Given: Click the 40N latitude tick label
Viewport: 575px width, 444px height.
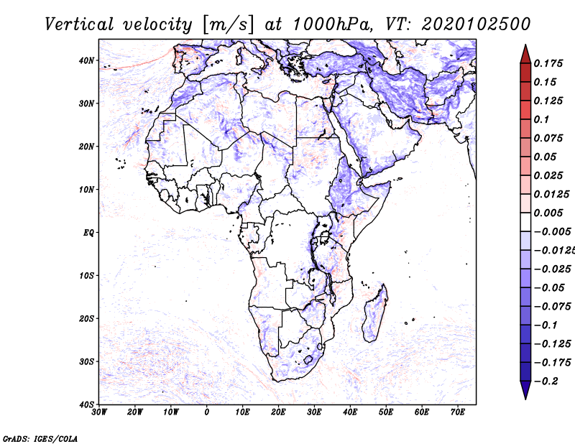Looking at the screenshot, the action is [x=86, y=60].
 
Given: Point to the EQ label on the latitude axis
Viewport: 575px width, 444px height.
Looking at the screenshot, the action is [x=88, y=233].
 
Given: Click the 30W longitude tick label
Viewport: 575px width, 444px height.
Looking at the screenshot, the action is [x=99, y=412].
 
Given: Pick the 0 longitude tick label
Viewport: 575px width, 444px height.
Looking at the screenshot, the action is [x=207, y=412].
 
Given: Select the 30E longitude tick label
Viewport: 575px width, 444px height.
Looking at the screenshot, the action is [x=314, y=412].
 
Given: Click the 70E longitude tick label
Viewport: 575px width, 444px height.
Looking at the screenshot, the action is [x=457, y=412].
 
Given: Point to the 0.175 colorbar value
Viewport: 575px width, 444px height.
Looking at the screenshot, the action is [x=548, y=63].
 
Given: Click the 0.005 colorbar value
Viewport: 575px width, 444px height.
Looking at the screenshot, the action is [x=548, y=213].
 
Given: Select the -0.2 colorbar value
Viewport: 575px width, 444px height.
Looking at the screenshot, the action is [x=546, y=381].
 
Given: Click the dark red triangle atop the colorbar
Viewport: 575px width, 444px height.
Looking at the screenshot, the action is [x=525, y=55].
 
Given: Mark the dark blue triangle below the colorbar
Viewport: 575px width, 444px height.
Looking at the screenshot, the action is [x=525, y=390].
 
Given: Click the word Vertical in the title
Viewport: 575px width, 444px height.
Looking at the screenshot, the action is [x=80, y=24].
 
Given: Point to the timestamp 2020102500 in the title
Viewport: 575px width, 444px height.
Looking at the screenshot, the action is [x=476, y=24].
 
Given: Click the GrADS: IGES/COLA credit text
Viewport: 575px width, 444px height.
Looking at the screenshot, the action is [x=40, y=438].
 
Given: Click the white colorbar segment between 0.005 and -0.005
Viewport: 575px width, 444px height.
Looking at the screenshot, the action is [x=525, y=222].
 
